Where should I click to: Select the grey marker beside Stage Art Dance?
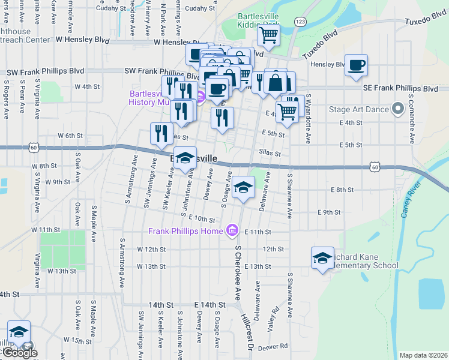[x=397, y=109]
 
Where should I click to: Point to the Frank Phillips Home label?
[x=187, y=230]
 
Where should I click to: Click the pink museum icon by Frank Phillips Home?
[x=232, y=230]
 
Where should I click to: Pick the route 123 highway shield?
[x=300, y=21]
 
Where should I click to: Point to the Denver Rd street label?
[x=273, y=347]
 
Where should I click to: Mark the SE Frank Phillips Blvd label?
[x=400, y=88]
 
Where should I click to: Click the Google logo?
[x=20, y=353]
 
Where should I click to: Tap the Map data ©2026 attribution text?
[x=423, y=355]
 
